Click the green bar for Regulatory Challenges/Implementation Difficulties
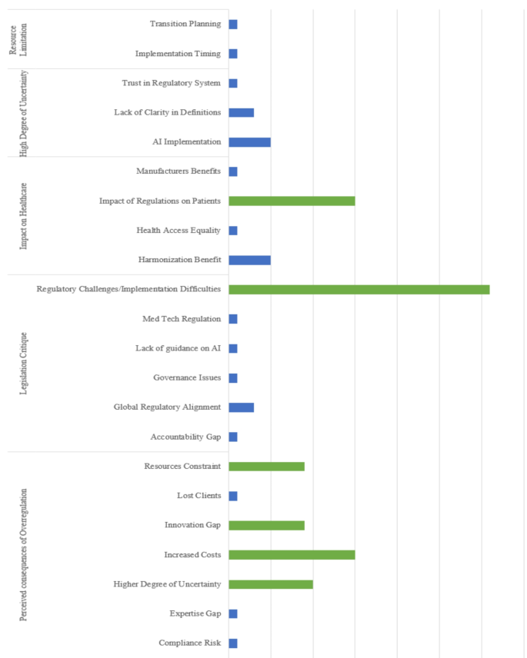tap(359, 290)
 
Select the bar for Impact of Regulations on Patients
tap(292, 201)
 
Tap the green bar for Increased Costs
tap(292, 555)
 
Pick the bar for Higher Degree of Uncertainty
tap(271, 584)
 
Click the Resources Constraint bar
tap(266, 467)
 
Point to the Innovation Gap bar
tap(266, 526)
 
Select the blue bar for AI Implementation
tap(249, 142)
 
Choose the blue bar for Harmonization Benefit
tap(249, 261)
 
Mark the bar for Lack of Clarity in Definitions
tap(241, 113)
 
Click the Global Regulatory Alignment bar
tap(241, 407)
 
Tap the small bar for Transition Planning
tap(233, 25)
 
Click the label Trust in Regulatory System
tap(172, 83)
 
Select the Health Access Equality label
tap(178, 231)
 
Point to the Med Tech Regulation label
tap(182, 319)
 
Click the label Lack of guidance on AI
tap(178, 349)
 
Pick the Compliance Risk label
tap(190, 643)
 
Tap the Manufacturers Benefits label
tap(178, 171)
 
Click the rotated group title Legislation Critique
tap(24, 364)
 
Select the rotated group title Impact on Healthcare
tap(24, 216)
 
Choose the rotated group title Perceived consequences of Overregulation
tap(24, 553)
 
